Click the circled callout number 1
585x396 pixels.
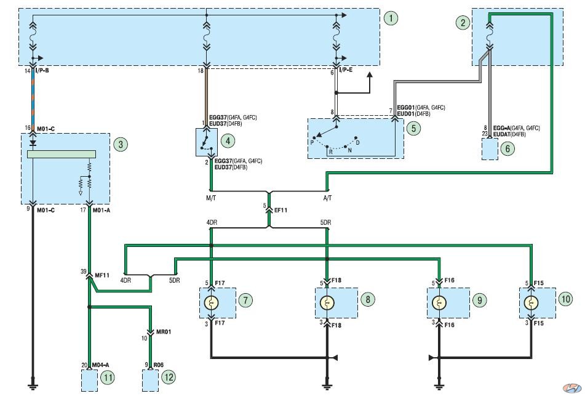tap(391, 18)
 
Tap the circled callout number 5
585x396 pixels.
tap(413, 129)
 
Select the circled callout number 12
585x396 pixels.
tap(169, 378)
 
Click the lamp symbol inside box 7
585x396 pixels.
tap(212, 303)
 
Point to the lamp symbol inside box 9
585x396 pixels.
tap(439, 303)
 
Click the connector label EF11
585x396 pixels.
tap(281, 211)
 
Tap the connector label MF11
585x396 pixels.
tap(102, 275)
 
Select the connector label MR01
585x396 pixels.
tap(164, 332)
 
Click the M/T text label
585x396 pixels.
tap(211, 198)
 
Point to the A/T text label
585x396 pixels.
tap(328, 198)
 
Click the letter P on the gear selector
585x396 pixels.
tap(312, 143)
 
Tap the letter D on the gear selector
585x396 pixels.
tap(357, 143)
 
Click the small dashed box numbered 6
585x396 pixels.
tap(490, 149)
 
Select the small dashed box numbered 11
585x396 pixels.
tap(90, 381)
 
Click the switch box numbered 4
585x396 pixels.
tap(207, 142)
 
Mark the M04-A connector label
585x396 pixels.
tap(101, 365)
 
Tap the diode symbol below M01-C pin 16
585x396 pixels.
tap(33, 143)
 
